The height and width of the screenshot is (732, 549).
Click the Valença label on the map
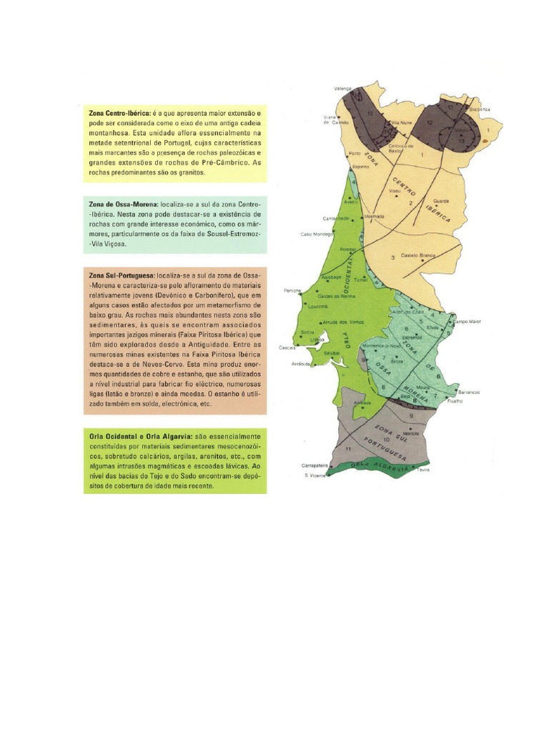tap(343, 89)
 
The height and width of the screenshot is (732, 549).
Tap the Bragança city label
tap(470, 109)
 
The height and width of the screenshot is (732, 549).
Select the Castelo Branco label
tap(418, 255)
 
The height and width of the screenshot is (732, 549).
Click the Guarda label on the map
tap(441, 201)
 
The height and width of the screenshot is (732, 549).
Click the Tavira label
tap(423, 470)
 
